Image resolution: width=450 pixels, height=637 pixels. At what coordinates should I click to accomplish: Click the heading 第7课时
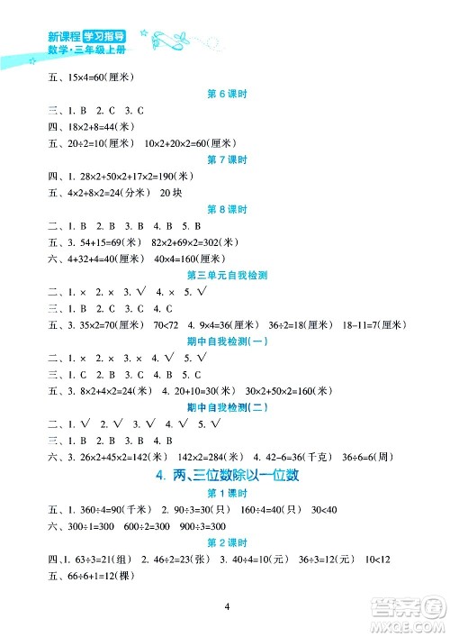(x=225, y=160)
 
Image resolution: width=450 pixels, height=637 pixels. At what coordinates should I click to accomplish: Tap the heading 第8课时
(x=225, y=208)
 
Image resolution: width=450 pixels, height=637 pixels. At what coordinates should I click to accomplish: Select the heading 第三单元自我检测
(x=225, y=274)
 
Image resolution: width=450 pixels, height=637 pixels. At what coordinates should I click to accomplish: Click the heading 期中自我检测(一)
(x=225, y=340)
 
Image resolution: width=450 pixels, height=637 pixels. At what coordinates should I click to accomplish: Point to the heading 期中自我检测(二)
(x=225, y=405)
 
